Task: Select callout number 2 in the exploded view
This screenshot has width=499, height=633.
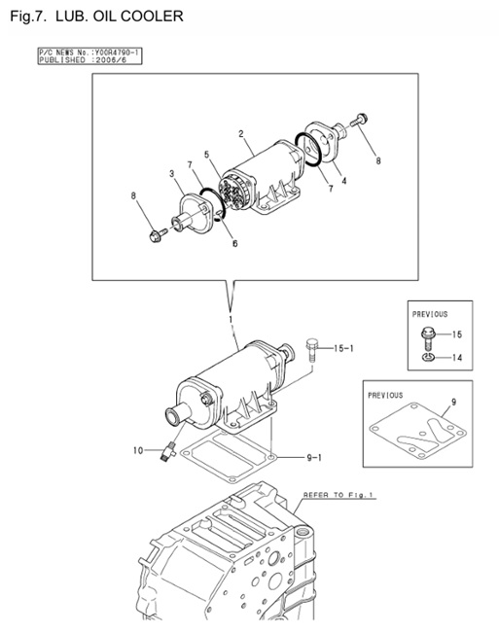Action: point(240,132)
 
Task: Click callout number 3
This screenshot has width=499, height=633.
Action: point(171,174)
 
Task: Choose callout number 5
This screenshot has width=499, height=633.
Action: point(206,155)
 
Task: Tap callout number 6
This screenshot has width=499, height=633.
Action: point(234,244)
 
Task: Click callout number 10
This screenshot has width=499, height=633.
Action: point(138,450)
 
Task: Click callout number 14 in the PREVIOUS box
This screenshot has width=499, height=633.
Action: point(456,358)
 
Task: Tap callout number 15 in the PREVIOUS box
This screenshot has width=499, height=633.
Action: point(456,334)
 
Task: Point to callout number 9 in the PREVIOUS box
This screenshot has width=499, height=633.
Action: point(451,401)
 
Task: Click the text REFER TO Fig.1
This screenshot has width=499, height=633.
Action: point(338,495)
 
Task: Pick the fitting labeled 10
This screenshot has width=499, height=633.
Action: point(169,450)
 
